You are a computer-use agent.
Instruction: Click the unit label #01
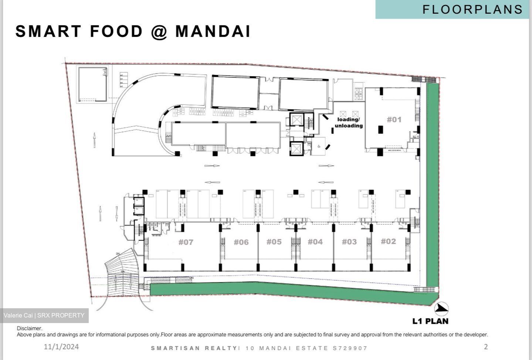394,119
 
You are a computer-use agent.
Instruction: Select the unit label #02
388,241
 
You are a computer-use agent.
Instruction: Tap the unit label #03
349,242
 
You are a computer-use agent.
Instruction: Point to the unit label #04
315,242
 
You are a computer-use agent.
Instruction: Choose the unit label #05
274,242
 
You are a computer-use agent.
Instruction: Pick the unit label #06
241,242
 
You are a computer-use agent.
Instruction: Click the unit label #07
186,242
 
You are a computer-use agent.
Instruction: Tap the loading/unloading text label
348,122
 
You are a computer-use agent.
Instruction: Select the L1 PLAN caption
430,321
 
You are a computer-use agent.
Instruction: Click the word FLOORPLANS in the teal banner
472,9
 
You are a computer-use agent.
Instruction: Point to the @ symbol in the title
159,31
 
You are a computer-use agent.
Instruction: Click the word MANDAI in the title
213,31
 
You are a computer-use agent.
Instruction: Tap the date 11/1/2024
61,347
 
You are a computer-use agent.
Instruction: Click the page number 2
486,347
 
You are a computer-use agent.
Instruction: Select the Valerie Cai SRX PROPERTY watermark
44,315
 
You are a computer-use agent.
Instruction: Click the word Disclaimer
30,328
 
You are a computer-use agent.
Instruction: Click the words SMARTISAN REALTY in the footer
194,348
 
